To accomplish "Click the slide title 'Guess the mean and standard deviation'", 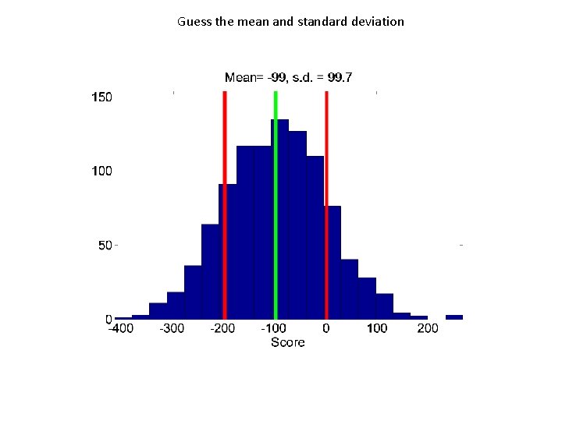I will coord(290,22).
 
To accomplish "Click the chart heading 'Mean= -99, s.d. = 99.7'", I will coord(288,76).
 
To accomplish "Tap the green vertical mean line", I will coord(276,203).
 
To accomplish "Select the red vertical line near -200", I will coord(224,203).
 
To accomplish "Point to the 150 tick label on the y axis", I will coord(102,97).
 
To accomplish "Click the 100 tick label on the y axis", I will coord(102,171).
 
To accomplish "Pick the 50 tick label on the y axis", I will coord(105,245).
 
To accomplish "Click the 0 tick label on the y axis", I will coord(108,319).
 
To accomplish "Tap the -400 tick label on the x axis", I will coord(120,328).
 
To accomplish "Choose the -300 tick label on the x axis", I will coord(172,328).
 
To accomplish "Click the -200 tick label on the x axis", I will coord(222,328).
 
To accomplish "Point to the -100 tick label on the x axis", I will coord(274,328).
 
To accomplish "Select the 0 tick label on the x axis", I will coord(326,328).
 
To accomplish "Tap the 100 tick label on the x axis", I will coord(377,328).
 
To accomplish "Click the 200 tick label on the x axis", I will coord(428,328).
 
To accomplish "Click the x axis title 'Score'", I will coord(288,342).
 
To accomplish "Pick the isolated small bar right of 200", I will coord(454,317).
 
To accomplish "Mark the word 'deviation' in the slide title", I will coord(378,22).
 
